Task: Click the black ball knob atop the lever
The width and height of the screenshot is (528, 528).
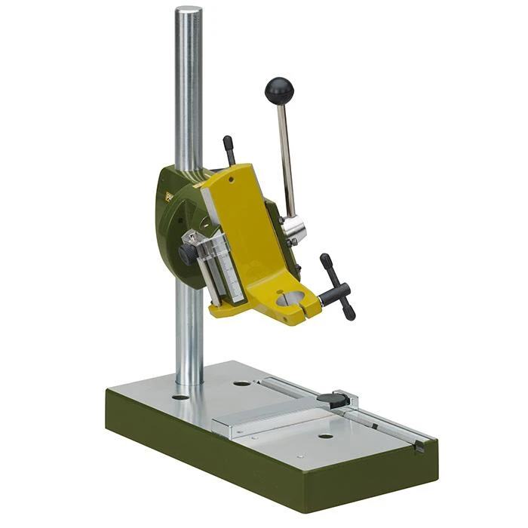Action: click(279, 91)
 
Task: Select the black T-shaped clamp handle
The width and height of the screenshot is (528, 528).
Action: click(336, 287)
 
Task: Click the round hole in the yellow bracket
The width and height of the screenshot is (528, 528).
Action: click(290, 298)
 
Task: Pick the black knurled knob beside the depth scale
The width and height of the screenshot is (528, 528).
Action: click(188, 254)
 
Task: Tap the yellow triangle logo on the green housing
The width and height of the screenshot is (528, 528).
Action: click(168, 197)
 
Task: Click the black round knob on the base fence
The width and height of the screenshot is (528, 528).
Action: click(329, 399)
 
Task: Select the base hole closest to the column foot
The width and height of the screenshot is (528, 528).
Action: click(181, 396)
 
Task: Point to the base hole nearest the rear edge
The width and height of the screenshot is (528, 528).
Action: click(242, 382)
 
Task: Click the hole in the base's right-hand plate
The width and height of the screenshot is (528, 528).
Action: click(325, 435)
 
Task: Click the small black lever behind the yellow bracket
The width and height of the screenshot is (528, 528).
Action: click(229, 149)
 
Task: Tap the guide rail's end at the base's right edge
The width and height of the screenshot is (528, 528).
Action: click(419, 446)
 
